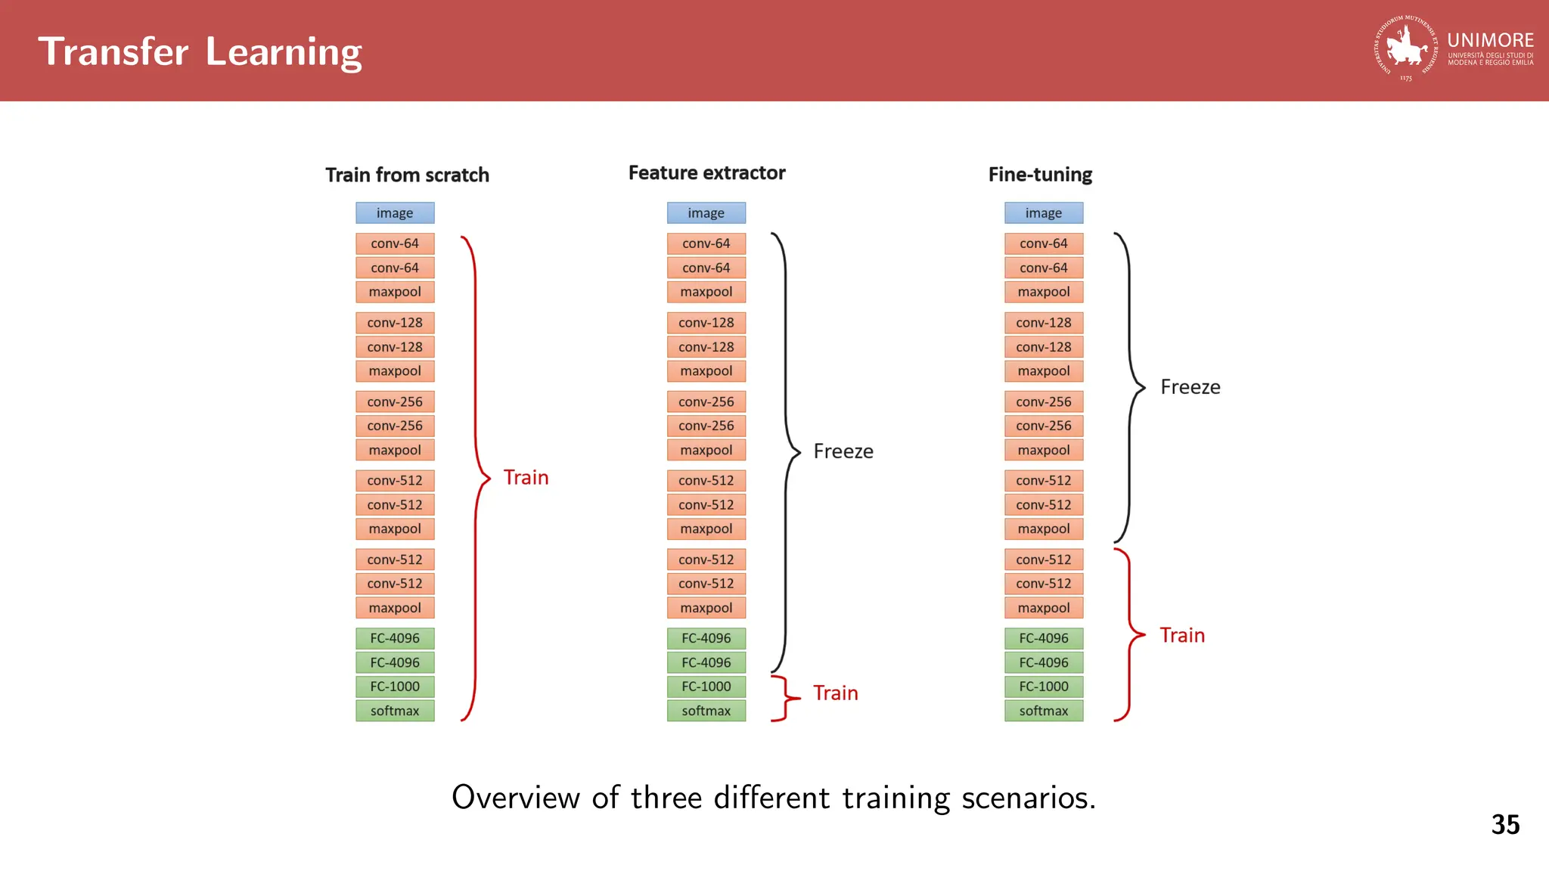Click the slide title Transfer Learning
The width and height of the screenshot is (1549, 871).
click(x=200, y=51)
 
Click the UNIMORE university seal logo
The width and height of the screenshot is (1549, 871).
click(x=1405, y=48)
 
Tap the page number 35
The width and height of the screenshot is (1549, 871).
click(x=1505, y=824)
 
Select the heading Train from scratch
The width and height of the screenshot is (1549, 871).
click(x=407, y=175)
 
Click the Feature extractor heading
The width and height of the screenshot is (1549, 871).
click(x=706, y=173)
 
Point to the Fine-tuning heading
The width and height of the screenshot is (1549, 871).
click(x=1040, y=175)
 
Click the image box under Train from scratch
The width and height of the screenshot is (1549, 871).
click(x=395, y=213)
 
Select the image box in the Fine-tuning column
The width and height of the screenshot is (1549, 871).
click(x=1044, y=213)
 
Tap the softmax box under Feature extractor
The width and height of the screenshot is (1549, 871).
click(x=706, y=711)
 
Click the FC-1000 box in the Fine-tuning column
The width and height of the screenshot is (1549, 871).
click(x=1044, y=687)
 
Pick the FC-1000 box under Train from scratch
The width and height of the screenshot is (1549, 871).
click(x=395, y=687)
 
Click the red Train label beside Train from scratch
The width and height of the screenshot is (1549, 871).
click(x=526, y=478)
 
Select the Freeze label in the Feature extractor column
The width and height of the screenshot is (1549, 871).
click(x=843, y=451)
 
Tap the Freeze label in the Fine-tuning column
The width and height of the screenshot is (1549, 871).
click(x=1190, y=387)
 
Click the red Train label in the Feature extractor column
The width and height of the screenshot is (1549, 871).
click(x=836, y=693)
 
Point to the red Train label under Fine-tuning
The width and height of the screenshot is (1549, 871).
click(x=1182, y=636)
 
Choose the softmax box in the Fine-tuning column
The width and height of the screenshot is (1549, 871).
click(x=1044, y=711)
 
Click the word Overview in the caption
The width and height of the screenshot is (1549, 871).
click(x=514, y=798)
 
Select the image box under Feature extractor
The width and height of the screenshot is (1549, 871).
click(x=706, y=213)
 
